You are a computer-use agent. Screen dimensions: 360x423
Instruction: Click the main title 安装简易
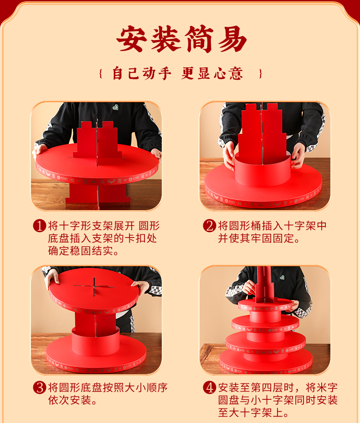(x=181, y=39)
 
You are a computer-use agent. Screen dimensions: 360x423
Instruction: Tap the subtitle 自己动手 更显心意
(x=178, y=73)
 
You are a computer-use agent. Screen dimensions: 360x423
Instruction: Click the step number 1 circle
(x=40, y=226)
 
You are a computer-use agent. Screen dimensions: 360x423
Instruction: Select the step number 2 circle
(x=210, y=226)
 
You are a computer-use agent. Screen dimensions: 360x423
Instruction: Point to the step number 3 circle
(x=40, y=387)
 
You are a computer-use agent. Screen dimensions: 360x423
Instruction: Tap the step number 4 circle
(x=210, y=387)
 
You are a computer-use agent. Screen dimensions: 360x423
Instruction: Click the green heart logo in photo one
(x=115, y=107)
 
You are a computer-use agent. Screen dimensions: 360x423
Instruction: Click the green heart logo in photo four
(x=282, y=277)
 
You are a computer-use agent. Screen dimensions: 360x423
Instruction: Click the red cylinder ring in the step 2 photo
(x=262, y=170)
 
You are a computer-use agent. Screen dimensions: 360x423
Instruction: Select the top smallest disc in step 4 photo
(x=265, y=305)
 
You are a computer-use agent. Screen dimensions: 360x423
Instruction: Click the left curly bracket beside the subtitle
(x=101, y=74)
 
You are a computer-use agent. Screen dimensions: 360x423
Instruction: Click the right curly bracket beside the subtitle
(x=260, y=74)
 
